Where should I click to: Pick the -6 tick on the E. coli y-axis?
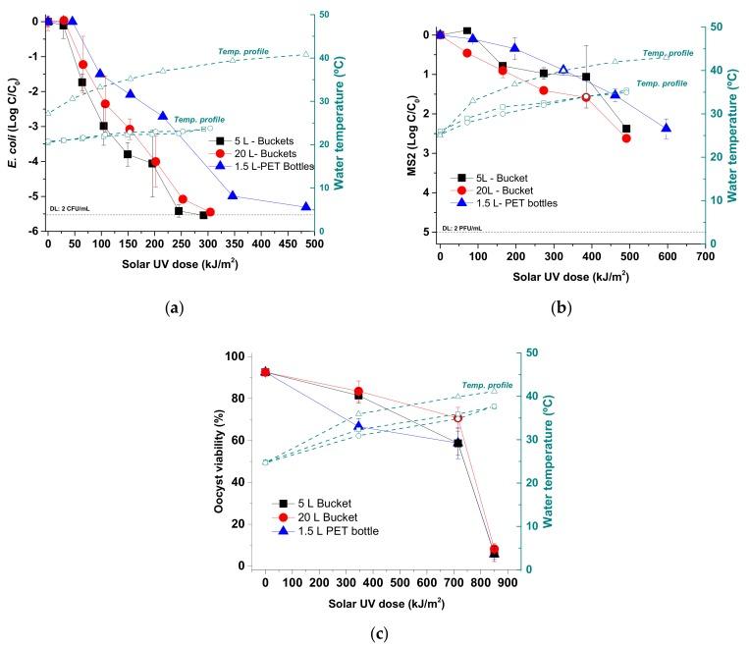(x=32, y=231)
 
